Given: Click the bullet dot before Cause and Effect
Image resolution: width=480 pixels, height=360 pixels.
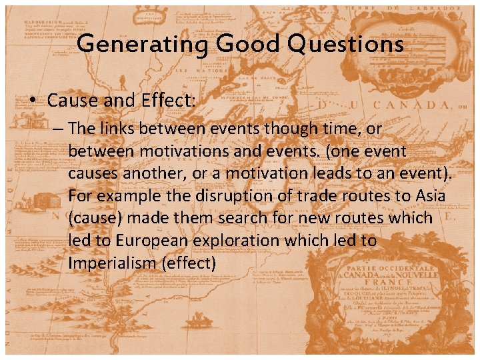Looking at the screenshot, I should tap(32, 101).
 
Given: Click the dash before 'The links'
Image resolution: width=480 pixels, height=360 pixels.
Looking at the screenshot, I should tap(57, 129).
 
